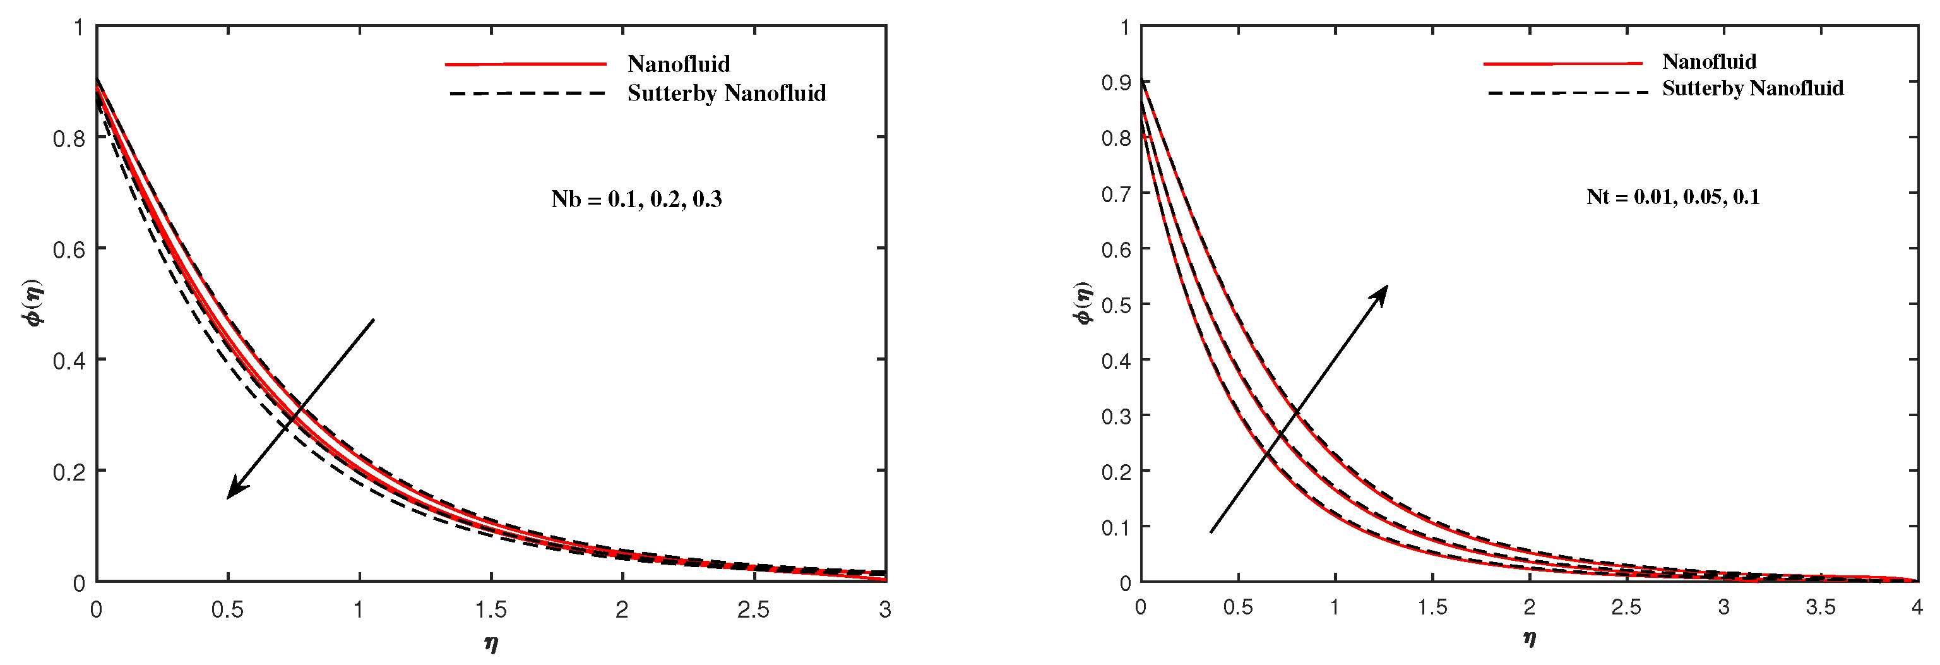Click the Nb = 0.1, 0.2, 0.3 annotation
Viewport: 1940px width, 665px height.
[636, 200]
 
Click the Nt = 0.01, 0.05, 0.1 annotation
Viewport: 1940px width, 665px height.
[1673, 197]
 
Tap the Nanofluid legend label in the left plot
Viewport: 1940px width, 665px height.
[679, 64]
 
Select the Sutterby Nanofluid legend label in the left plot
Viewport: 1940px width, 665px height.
[726, 93]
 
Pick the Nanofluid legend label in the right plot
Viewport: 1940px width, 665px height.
[1709, 62]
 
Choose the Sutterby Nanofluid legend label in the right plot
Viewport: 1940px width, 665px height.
[1753, 89]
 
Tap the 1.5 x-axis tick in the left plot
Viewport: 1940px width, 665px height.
[491, 610]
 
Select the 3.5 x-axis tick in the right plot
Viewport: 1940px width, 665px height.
[1820, 607]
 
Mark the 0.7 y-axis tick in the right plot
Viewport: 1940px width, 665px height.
[1116, 195]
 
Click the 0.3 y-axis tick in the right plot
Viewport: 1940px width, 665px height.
[1116, 416]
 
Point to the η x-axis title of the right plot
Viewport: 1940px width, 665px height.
[1529, 638]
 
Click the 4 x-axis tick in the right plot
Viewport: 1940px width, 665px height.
[1916, 607]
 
